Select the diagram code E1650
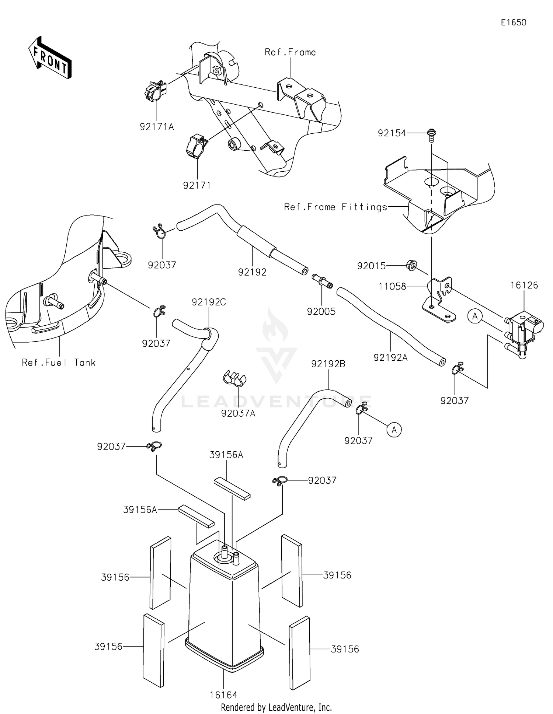click(x=513, y=22)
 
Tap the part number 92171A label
click(x=157, y=127)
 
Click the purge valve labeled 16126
click(x=524, y=326)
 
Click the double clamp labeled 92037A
click(x=234, y=378)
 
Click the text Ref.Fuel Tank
click(x=59, y=363)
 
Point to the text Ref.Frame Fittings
click(x=335, y=207)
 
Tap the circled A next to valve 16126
click(x=475, y=316)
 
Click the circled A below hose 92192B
click(x=394, y=430)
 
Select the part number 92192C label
click(x=209, y=302)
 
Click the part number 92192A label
click(x=390, y=357)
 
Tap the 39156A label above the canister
click(x=226, y=455)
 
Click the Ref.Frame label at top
click(x=290, y=52)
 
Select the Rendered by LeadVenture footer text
click(x=276, y=707)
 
